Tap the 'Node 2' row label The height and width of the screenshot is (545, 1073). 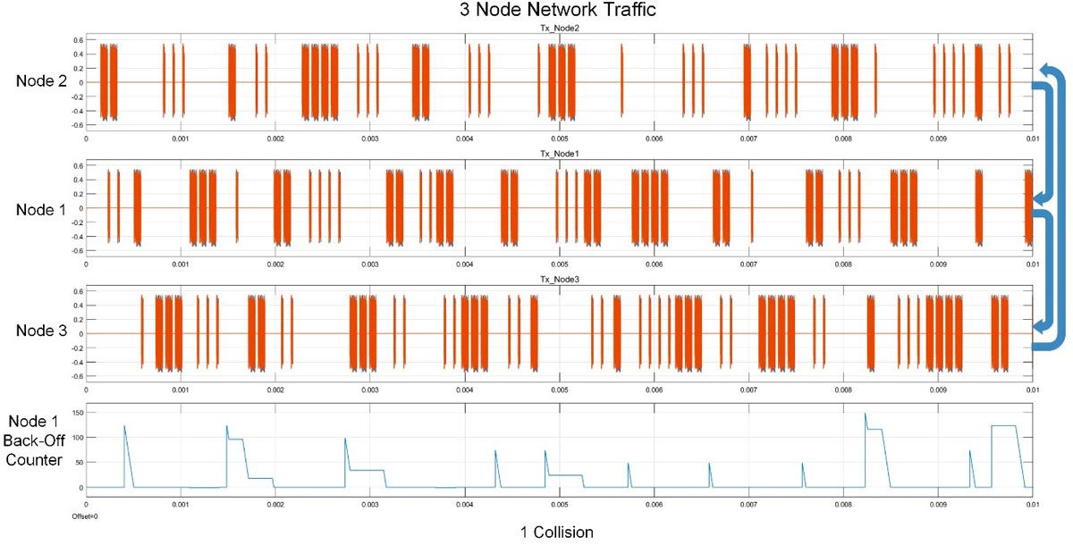point(40,81)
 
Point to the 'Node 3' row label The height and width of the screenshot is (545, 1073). point(40,331)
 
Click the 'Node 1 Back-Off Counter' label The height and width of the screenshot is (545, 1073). point(36,440)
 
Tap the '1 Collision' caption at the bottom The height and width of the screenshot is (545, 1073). point(556,532)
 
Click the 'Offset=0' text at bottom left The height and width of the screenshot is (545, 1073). point(84,516)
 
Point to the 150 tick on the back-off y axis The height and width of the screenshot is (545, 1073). point(76,413)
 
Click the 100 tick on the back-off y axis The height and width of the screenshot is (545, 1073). point(76,438)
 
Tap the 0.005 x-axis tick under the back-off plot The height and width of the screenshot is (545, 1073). point(559,505)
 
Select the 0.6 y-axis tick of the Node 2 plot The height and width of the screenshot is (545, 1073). point(78,40)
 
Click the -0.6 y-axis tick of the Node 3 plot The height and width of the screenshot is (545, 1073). point(77,376)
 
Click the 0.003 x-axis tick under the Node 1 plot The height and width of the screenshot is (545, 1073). point(369,264)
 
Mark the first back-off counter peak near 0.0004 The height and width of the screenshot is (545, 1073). point(124,426)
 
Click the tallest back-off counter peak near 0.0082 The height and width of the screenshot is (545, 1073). point(865,414)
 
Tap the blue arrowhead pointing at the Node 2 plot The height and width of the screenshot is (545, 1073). point(1043,71)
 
